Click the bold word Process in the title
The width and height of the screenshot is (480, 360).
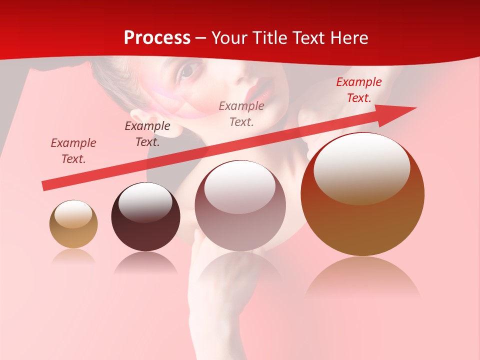point(157,38)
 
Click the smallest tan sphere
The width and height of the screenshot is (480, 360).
point(73,224)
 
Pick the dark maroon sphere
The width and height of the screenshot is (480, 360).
point(145,217)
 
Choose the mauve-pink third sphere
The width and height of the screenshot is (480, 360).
point(240,206)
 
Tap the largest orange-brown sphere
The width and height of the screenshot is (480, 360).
point(362,195)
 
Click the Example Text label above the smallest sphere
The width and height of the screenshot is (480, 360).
point(73,151)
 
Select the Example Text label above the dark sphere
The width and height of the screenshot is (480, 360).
point(147,134)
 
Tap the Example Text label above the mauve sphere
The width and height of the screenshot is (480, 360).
point(241,113)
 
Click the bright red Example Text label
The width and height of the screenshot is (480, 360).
point(359,90)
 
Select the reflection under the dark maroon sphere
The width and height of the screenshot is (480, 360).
point(145,263)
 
